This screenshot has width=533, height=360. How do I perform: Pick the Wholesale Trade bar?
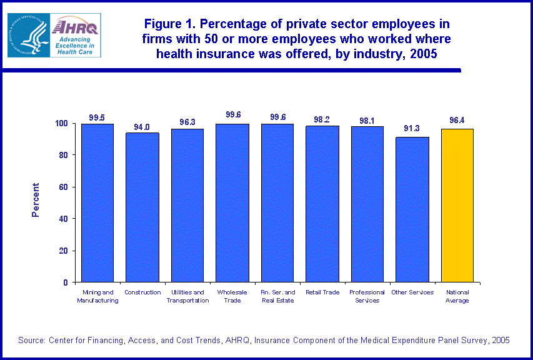pyautogui.click(x=232, y=202)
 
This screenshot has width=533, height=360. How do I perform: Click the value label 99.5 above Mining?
pyautogui.click(x=97, y=117)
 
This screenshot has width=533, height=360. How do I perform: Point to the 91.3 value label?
pyautogui.click(x=412, y=129)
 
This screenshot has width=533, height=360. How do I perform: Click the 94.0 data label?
pyautogui.click(x=142, y=127)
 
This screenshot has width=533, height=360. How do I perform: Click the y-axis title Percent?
pyautogui.click(x=36, y=200)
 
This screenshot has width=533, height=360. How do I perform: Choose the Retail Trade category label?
pyautogui.click(x=322, y=292)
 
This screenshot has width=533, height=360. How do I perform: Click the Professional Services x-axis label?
pyautogui.click(x=367, y=296)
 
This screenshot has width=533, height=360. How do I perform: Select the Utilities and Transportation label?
pyautogui.click(x=187, y=296)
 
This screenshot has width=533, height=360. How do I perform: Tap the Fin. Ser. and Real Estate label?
pyautogui.click(x=277, y=296)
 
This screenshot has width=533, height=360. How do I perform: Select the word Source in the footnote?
pyautogui.click(x=32, y=341)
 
